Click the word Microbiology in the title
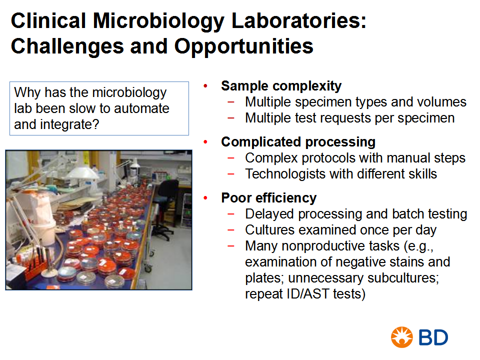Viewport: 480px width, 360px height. (158, 21)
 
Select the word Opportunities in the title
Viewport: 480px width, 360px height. (243, 47)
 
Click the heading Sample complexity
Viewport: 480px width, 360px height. (281, 86)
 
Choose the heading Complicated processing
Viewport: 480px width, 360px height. (298, 142)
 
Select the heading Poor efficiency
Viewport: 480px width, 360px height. (269, 198)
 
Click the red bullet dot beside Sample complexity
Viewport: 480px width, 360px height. (205, 86)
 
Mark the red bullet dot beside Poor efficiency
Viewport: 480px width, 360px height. (205, 198)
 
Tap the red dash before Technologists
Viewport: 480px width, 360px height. (231, 174)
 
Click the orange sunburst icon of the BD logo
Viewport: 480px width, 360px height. (401, 337)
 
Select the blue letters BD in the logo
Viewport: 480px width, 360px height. (433, 337)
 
